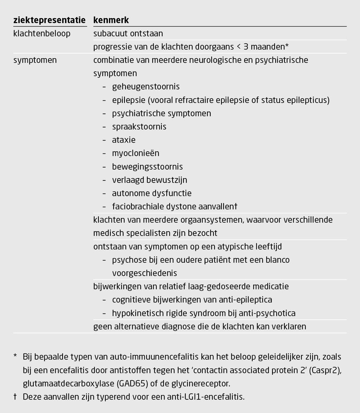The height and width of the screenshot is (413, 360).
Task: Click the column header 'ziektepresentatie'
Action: (x=49, y=20)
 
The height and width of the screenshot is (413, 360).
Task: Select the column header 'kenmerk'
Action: (x=111, y=20)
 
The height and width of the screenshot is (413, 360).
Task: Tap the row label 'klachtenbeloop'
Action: (x=42, y=34)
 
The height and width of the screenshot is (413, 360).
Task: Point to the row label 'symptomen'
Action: (x=35, y=60)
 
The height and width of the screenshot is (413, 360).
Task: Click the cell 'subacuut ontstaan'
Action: (x=128, y=34)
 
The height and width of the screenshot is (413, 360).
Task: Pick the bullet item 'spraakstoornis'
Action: (x=139, y=127)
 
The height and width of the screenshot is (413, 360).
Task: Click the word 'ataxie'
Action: (x=124, y=140)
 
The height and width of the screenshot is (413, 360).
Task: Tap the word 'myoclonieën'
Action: (x=136, y=153)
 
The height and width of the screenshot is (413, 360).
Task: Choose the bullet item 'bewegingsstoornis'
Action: (x=147, y=167)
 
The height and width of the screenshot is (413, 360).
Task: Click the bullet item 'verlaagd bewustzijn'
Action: (x=149, y=180)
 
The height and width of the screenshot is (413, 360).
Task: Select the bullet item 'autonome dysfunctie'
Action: (x=152, y=194)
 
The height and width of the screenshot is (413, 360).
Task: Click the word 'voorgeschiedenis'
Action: (x=144, y=273)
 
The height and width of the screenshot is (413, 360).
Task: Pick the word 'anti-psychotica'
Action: (x=269, y=313)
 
